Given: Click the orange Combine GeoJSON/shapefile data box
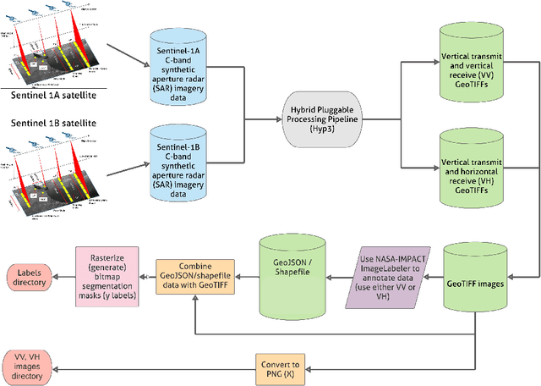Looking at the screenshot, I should click(x=194, y=274).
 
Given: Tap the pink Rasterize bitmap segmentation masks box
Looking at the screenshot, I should click(x=107, y=274).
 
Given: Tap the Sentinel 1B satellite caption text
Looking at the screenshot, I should click(x=52, y=124).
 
